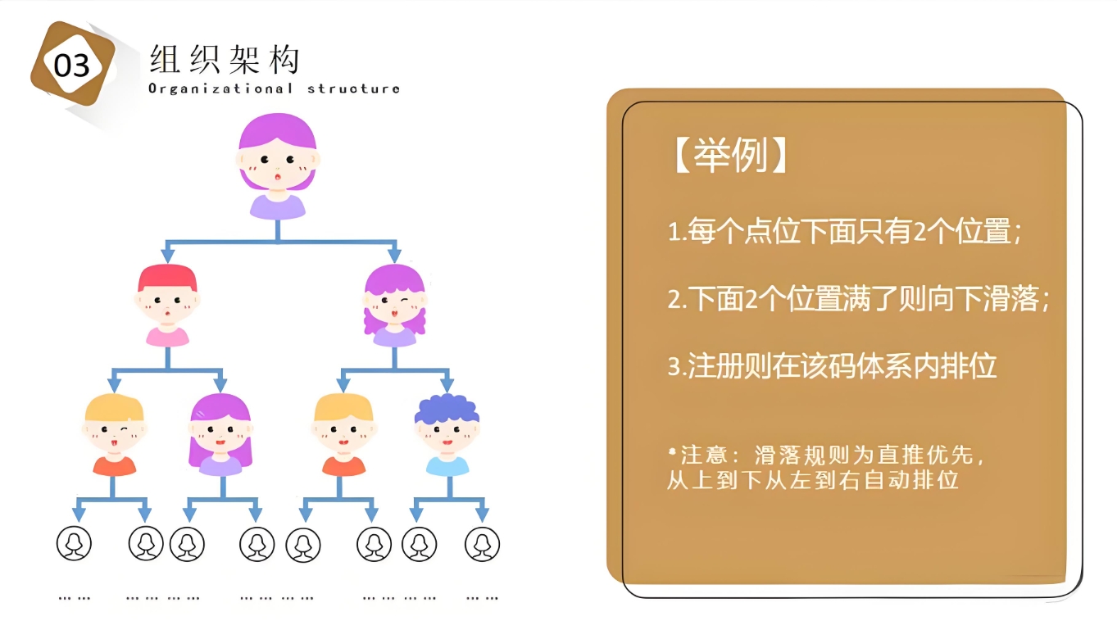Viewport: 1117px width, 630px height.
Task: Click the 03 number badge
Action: [x=73, y=64]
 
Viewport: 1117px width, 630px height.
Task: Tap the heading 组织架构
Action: [x=225, y=59]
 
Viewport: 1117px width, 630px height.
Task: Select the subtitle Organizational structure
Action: [x=275, y=88]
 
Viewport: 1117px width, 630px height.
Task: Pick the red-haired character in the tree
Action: [x=167, y=305]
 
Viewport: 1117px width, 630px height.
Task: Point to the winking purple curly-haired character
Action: [x=394, y=305]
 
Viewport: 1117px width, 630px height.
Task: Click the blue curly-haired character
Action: [x=447, y=435]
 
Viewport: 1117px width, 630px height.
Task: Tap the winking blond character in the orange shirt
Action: [x=114, y=435]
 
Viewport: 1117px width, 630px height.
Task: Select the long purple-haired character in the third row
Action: [x=220, y=435]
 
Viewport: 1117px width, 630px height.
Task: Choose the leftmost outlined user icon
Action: [x=74, y=543]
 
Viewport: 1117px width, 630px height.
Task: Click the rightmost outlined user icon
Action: [x=482, y=544]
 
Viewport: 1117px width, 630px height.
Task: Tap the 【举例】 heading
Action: [x=730, y=155]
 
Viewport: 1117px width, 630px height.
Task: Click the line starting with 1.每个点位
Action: [x=845, y=232]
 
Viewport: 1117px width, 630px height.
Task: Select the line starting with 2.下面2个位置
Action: [x=859, y=299]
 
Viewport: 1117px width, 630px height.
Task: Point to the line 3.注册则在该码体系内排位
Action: [x=832, y=366]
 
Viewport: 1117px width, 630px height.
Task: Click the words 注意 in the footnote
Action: [x=703, y=455]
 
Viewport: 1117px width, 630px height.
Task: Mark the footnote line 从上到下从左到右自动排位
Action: [x=813, y=480]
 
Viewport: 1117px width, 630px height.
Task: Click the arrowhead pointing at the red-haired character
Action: [x=168, y=255]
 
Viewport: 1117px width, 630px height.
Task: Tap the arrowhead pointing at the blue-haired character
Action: [x=447, y=384]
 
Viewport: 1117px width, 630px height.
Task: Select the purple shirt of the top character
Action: [x=277, y=207]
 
